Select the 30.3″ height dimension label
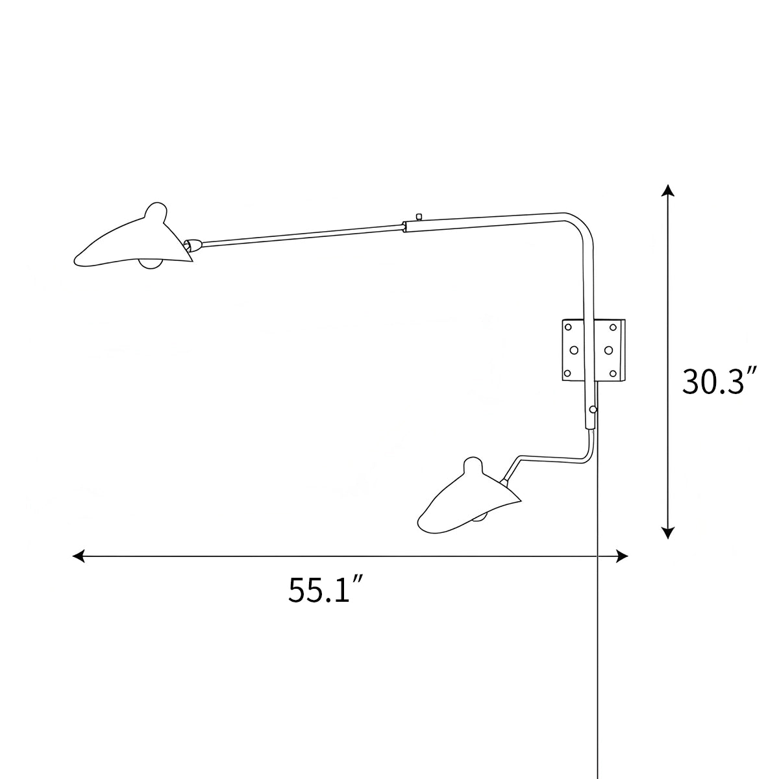[x=720, y=382]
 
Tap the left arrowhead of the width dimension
[x=78, y=556]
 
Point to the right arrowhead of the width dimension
[x=623, y=556]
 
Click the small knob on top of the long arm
[x=419, y=216]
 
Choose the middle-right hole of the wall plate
[x=608, y=350]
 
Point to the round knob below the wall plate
[x=593, y=409]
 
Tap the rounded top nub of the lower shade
[x=473, y=465]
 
